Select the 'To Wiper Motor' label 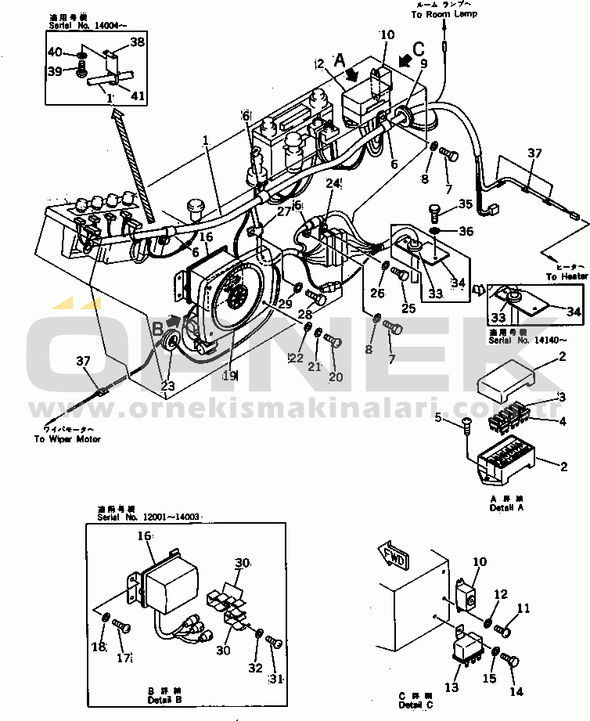coord(67,439)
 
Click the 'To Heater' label coord(567,276)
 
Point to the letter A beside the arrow coord(339,58)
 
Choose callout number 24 coord(333,184)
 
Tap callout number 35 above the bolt coord(466,204)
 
